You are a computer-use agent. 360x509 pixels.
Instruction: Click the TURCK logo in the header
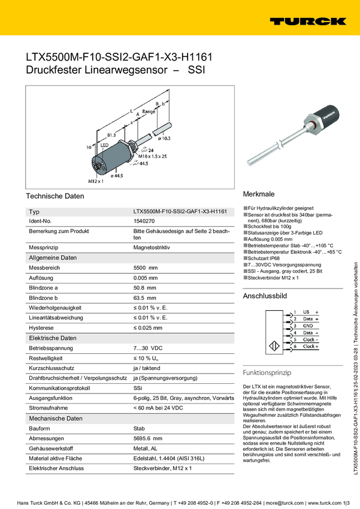click(307, 21)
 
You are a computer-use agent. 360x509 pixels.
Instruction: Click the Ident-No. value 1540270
click(144, 222)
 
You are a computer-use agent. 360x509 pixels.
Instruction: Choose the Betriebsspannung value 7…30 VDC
click(148, 348)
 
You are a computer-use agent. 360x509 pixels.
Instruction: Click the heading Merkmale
click(258, 195)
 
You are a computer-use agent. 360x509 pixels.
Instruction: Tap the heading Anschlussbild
click(264, 296)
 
